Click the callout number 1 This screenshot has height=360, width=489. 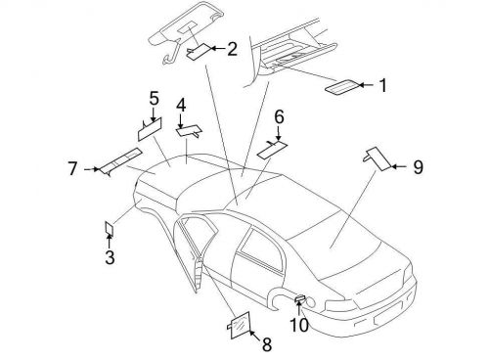[382, 86]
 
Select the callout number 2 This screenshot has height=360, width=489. [232, 48]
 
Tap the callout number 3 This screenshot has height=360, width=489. [110, 258]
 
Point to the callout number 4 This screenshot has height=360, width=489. [181, 105]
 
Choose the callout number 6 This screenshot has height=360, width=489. [279, 117]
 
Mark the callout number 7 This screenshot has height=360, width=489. [72, 169]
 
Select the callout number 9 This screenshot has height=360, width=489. [418, 168]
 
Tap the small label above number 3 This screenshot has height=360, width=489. [110, 228]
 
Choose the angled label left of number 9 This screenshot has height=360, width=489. [376, 157]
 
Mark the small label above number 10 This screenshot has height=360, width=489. [299, 297]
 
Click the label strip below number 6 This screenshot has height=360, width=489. [271, 147]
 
